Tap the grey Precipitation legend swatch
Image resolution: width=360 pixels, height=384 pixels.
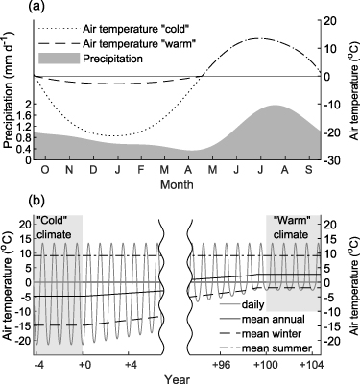point(54,58)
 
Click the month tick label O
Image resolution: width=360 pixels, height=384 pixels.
point(44,171)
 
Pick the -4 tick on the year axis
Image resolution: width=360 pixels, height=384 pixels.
point(39,365)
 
